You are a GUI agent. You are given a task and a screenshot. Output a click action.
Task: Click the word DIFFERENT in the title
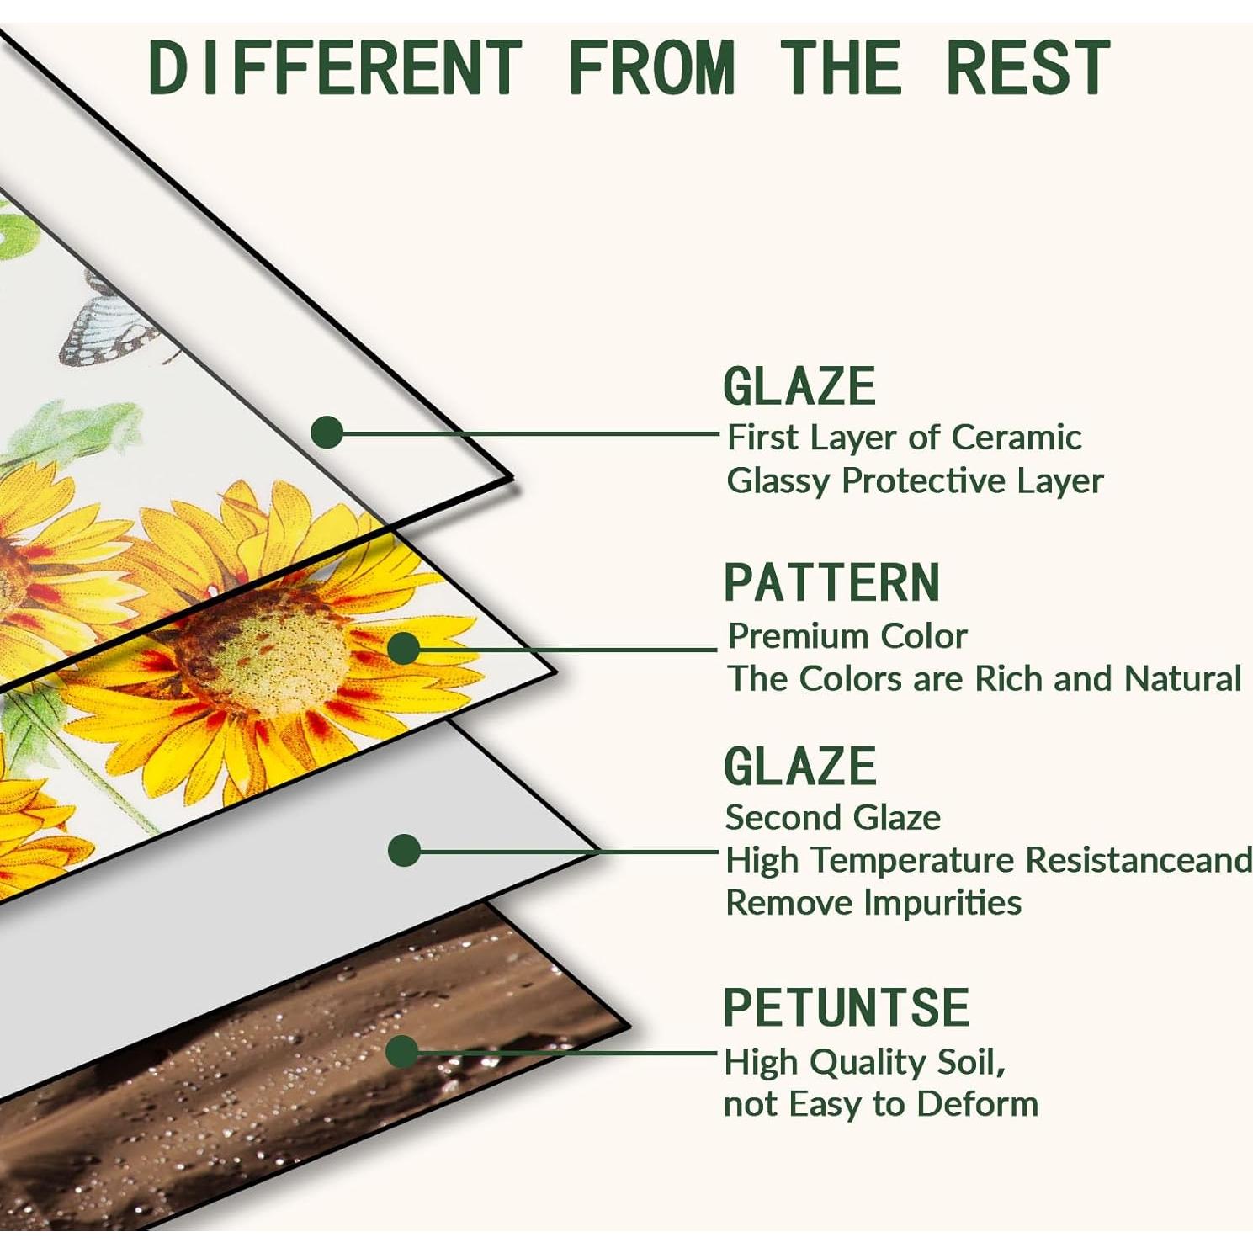point(335,67)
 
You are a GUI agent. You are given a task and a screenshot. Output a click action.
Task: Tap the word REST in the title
point(1028,67)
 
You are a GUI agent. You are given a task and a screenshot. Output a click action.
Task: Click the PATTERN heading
point(831,582)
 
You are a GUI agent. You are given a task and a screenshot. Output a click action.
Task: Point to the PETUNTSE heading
point(847,1007)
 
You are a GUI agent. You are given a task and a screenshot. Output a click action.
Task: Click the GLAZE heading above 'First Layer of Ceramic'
point(799,386)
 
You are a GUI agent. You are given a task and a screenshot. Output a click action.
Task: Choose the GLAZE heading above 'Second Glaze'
point(799,767)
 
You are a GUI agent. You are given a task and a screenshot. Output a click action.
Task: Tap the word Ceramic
point(1017,437)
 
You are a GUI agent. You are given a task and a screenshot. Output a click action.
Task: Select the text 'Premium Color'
point(847,636)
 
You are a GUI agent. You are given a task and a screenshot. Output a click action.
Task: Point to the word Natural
point(1182,678)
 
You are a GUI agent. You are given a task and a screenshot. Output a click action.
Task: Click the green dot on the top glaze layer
point(327,433)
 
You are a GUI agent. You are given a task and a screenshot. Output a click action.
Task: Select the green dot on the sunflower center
point(404,648)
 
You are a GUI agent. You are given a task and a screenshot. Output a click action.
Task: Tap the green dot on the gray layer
point(404,850)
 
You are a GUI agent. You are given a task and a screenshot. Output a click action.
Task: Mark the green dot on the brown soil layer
point(402,1051)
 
